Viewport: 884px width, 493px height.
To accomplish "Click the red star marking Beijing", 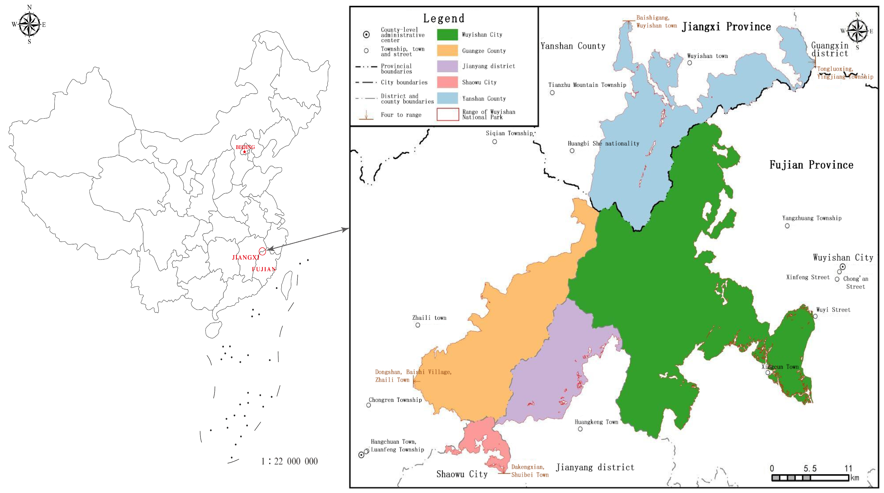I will pyautogui.click(x=244, y=152).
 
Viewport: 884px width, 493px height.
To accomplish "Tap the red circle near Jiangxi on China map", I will pyautogui.click(x=262, y=251).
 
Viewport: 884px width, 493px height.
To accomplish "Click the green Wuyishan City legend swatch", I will pyautogui.click(x=447, y=35).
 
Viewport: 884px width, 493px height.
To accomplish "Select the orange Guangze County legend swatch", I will pyautogui.click(x=447, y=50).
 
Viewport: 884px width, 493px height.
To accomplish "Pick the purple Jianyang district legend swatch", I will pyautogui.click(x=447, y=66).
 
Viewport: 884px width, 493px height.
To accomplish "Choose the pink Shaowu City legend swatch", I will pyautogui.click(x=447, y=82).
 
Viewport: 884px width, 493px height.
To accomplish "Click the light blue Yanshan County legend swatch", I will pyautogui.click(x=447, y=98).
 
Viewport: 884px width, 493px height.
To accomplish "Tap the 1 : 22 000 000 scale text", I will pyautogui.click(x=289, y=461).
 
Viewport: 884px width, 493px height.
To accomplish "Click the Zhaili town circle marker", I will pyautogui.click(x=418, y=325).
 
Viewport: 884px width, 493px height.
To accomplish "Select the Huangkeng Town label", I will pyautogui.click(x=596, y=422).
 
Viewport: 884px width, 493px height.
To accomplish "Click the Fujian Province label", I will pyautogui.click(x=811, y=165).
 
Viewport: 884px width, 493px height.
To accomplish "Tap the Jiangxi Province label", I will pyautogui.click(x=726, y=27).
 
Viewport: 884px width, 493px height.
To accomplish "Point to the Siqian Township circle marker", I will pyautogui.click(x=494, y=142).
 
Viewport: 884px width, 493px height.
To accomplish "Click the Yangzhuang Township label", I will pyautogui.click(x=812, y=218).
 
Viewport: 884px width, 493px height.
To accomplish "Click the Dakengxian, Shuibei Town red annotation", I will pyautogui.click(x=530, y=471).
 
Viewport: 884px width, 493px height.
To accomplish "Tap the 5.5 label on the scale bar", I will pyautogui.click(x=810, y=468).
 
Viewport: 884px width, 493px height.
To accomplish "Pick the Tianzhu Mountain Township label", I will pyautogui.click(x=587, y=85).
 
